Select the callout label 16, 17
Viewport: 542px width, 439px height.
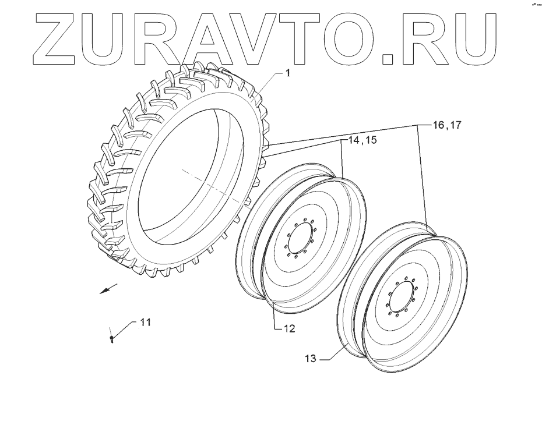[446, 125]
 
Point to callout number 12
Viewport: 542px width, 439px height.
[288, 329]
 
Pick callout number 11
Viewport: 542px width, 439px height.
[145, 322]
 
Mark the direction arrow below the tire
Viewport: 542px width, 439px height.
[108, 288]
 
